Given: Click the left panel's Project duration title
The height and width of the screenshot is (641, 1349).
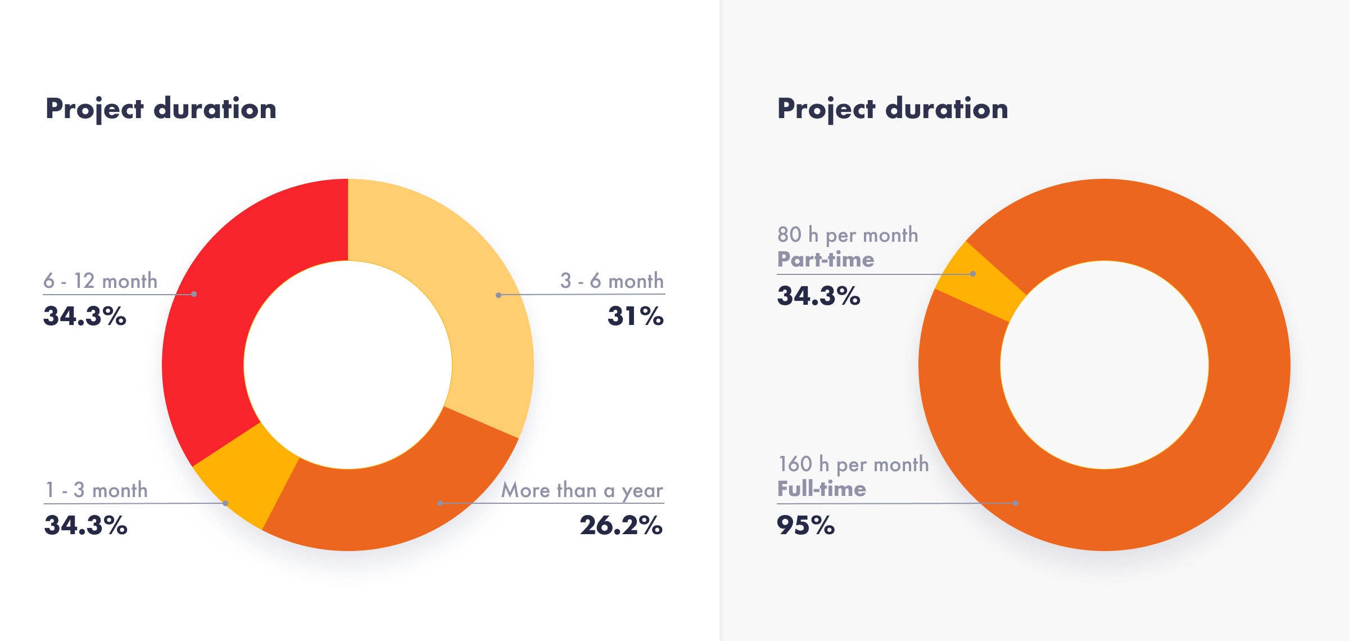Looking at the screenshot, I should coord(161,109).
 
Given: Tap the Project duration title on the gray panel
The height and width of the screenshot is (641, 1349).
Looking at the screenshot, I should coord(893,109).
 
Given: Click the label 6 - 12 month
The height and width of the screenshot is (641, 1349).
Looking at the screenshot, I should coord(101,281).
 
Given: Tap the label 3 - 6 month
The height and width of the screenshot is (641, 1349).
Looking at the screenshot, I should coord(612,281).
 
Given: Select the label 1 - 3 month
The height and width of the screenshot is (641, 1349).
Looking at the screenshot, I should coord(96,490).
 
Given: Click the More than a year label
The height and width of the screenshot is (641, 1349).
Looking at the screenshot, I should coord(582,490).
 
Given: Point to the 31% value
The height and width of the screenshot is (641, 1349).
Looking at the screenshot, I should coord(636,316).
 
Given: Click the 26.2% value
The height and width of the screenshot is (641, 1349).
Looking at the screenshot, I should coord(621,525).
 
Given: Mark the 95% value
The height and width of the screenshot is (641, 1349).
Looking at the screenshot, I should coord(805,525).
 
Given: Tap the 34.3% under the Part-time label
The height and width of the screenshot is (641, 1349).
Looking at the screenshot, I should coord(818,296).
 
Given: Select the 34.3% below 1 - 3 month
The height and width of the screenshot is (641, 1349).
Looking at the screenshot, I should coord(86,525).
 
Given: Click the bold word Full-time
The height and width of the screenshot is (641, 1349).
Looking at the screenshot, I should coord(821,489).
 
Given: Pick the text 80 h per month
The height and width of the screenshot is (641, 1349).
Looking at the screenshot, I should coord(848,235).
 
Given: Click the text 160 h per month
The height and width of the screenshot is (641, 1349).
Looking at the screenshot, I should coord(853,464).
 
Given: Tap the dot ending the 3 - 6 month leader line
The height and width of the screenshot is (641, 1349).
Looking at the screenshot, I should coord(499,295).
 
